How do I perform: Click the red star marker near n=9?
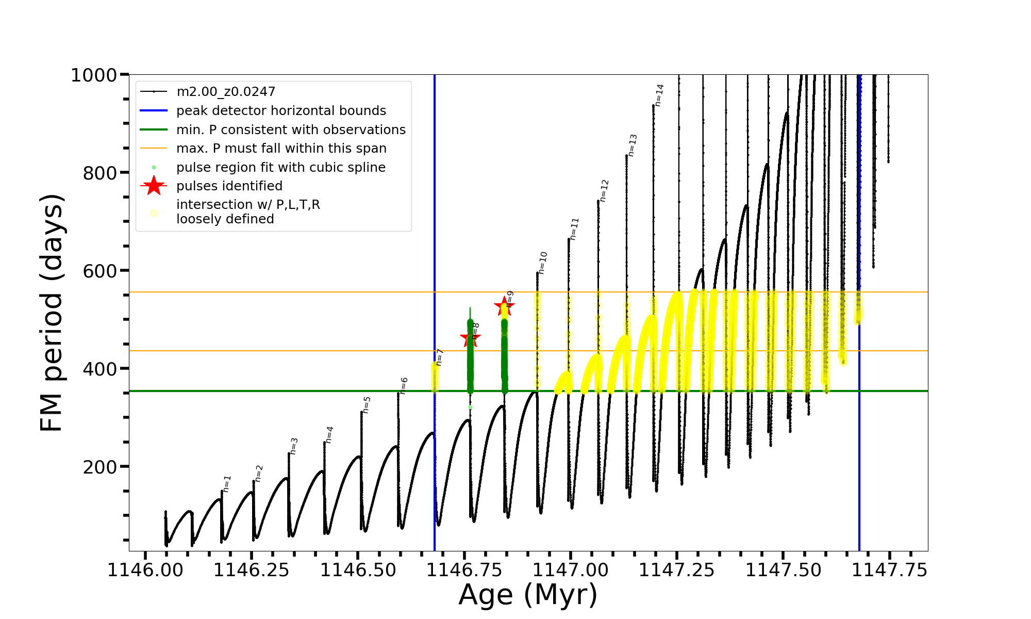pyautogui.click(x=504, y=306)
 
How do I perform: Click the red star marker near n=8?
pyautogui.click(x=470, y=339)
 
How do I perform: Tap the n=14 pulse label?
pyautogui.click(x=659, y=95)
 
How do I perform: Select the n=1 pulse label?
pyautogui.click(x=227, y=484)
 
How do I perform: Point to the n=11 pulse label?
pyautogui.click(x=574, y=229)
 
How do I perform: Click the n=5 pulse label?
pyautogui.click(x=367, y=405)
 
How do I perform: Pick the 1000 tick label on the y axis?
pyautogui.click(x=94, y=75)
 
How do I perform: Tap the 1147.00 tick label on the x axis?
pyautogui.click(x=570, y=571)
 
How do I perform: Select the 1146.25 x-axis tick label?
pyautogui.click(x=251, y=571)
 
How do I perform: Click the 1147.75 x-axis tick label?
pyautogui.click(x=889, y=571)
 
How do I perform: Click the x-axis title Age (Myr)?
pyautogui.click(x=528, y=595)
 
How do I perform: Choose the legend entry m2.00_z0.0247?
pyautogui.click(x=226, y=92)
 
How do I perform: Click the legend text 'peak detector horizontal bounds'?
pyautogui.click(x=281, y=111)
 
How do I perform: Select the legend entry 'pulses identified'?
pyautogui.click(x=229, y=186)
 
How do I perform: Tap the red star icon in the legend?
pyautogui.click(x=154, y=186)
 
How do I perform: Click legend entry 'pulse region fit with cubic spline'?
pyautogui.click(x=281, y=168)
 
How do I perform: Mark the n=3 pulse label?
pyautogui.click(x=294, y=446)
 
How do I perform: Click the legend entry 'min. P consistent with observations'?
pyautogui.click(x=291, y=130)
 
